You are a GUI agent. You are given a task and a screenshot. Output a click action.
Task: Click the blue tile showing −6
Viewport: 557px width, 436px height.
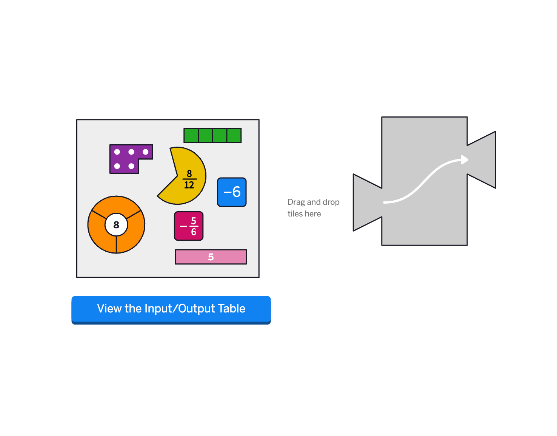click(x=232, y=192)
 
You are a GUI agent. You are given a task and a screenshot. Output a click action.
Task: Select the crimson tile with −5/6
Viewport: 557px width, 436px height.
click(x=189, y=226)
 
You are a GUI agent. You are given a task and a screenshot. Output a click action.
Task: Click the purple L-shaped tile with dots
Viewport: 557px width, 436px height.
click(x=125, y=159)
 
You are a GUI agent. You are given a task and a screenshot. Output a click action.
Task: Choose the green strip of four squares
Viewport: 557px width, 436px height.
click(x=212, y=135)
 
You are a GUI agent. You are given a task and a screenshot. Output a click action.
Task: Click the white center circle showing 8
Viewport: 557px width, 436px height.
click(x=116, y=225)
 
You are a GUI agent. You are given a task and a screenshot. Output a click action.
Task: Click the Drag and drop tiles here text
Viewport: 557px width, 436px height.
click(x=313, y=207)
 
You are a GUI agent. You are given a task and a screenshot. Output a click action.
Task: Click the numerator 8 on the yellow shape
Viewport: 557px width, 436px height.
click(x=189, y=173)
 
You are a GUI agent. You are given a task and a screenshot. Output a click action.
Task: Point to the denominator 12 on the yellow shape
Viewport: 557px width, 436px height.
click(x=189, y=185)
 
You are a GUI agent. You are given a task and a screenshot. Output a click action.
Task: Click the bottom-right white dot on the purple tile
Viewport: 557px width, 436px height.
click(x=131, y=166)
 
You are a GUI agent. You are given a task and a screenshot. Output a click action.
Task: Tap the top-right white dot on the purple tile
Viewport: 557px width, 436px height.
click(x=146, y=152)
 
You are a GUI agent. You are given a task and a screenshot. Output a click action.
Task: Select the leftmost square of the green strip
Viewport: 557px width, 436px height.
click(x=191, y=135)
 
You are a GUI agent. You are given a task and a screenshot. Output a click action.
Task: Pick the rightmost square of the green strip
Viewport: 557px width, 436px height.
click(x=234, y=135)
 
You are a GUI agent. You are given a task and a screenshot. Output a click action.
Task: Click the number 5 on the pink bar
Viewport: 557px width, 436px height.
click(x=211, y=257)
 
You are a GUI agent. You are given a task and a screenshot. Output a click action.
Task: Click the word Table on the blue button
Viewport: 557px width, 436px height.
click(x=231, y=308)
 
